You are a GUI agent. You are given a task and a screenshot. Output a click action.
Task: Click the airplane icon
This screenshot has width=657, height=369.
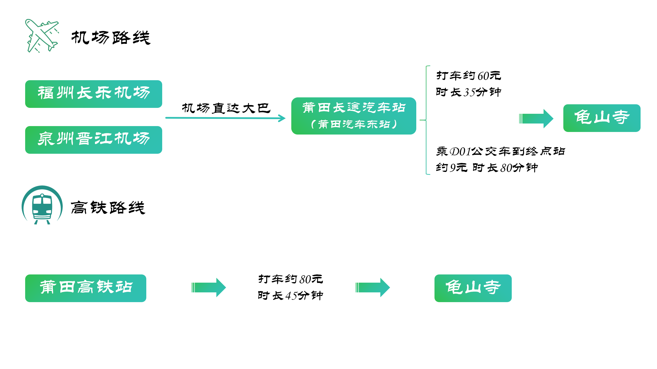42,36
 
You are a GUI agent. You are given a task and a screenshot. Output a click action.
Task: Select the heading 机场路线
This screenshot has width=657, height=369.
111,38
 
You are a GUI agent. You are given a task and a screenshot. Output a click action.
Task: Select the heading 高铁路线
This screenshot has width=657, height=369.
108,207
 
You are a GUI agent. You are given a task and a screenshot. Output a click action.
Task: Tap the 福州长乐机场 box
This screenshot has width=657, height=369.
93,94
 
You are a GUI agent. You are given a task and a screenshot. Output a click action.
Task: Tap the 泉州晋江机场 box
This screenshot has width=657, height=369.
93,140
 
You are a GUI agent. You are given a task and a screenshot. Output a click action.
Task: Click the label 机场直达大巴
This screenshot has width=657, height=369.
226,108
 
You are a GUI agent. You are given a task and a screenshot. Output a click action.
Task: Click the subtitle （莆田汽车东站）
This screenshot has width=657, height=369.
354,124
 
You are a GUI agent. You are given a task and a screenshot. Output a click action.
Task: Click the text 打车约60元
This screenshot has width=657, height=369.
468,76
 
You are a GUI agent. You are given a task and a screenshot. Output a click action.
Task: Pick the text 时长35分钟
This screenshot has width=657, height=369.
468,92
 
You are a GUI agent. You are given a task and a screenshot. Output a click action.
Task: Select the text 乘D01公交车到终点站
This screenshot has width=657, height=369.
500,151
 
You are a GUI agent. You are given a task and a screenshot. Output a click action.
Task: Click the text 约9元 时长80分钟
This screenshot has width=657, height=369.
487,168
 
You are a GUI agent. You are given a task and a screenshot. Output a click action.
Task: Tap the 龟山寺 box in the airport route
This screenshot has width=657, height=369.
602,118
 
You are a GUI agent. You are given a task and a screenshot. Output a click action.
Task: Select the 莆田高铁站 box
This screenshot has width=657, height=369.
86,288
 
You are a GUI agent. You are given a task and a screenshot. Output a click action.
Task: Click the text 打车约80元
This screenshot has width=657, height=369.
291,279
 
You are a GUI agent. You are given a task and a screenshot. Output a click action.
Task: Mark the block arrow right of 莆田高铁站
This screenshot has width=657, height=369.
208,288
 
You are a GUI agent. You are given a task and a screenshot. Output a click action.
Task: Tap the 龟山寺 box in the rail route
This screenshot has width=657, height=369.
473,288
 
